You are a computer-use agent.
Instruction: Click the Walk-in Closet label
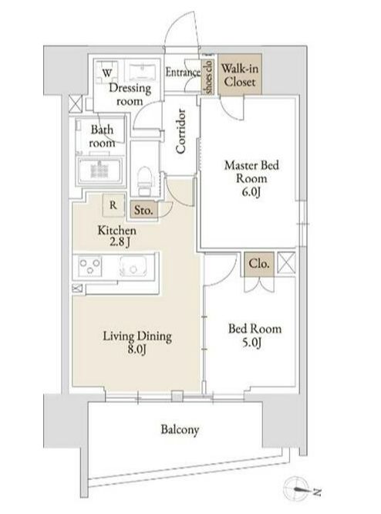pyautogui.click(x=240, y=75)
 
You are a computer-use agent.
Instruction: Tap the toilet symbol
pyautogui.click(x=144, y=181)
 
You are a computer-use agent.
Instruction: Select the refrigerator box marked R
pyautogui.click(x=113, y=205)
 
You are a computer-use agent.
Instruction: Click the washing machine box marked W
pyautogui.click(x=106, y=73)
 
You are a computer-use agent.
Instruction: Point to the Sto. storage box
pyautogui.click(x=143, y=210)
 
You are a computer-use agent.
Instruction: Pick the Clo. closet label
pyautogui.click(x=259, y=263)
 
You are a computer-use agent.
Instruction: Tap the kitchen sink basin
pyautogui.click(x=133, y=265)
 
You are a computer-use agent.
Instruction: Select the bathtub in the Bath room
pyautogui.click(x=100, y=171)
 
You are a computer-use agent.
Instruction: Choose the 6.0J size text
pyautogui.click(x=251, y=192)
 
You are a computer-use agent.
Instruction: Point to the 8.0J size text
pyautogui.click(x=137, y=350)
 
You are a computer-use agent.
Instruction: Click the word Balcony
pyautogui.click(x=180, y=429)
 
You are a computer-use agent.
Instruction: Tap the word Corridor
pyautogui.click(x=180, y=131)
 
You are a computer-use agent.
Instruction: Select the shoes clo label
pyautogui.click(x=208, y=77)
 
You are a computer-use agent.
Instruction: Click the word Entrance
pyautogui.click(x=183, y=72)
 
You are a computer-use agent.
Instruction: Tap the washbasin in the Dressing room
pyautogui.click(x=142, y=72)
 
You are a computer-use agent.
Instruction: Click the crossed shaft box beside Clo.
pyautogui.click(x=286, y=262)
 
